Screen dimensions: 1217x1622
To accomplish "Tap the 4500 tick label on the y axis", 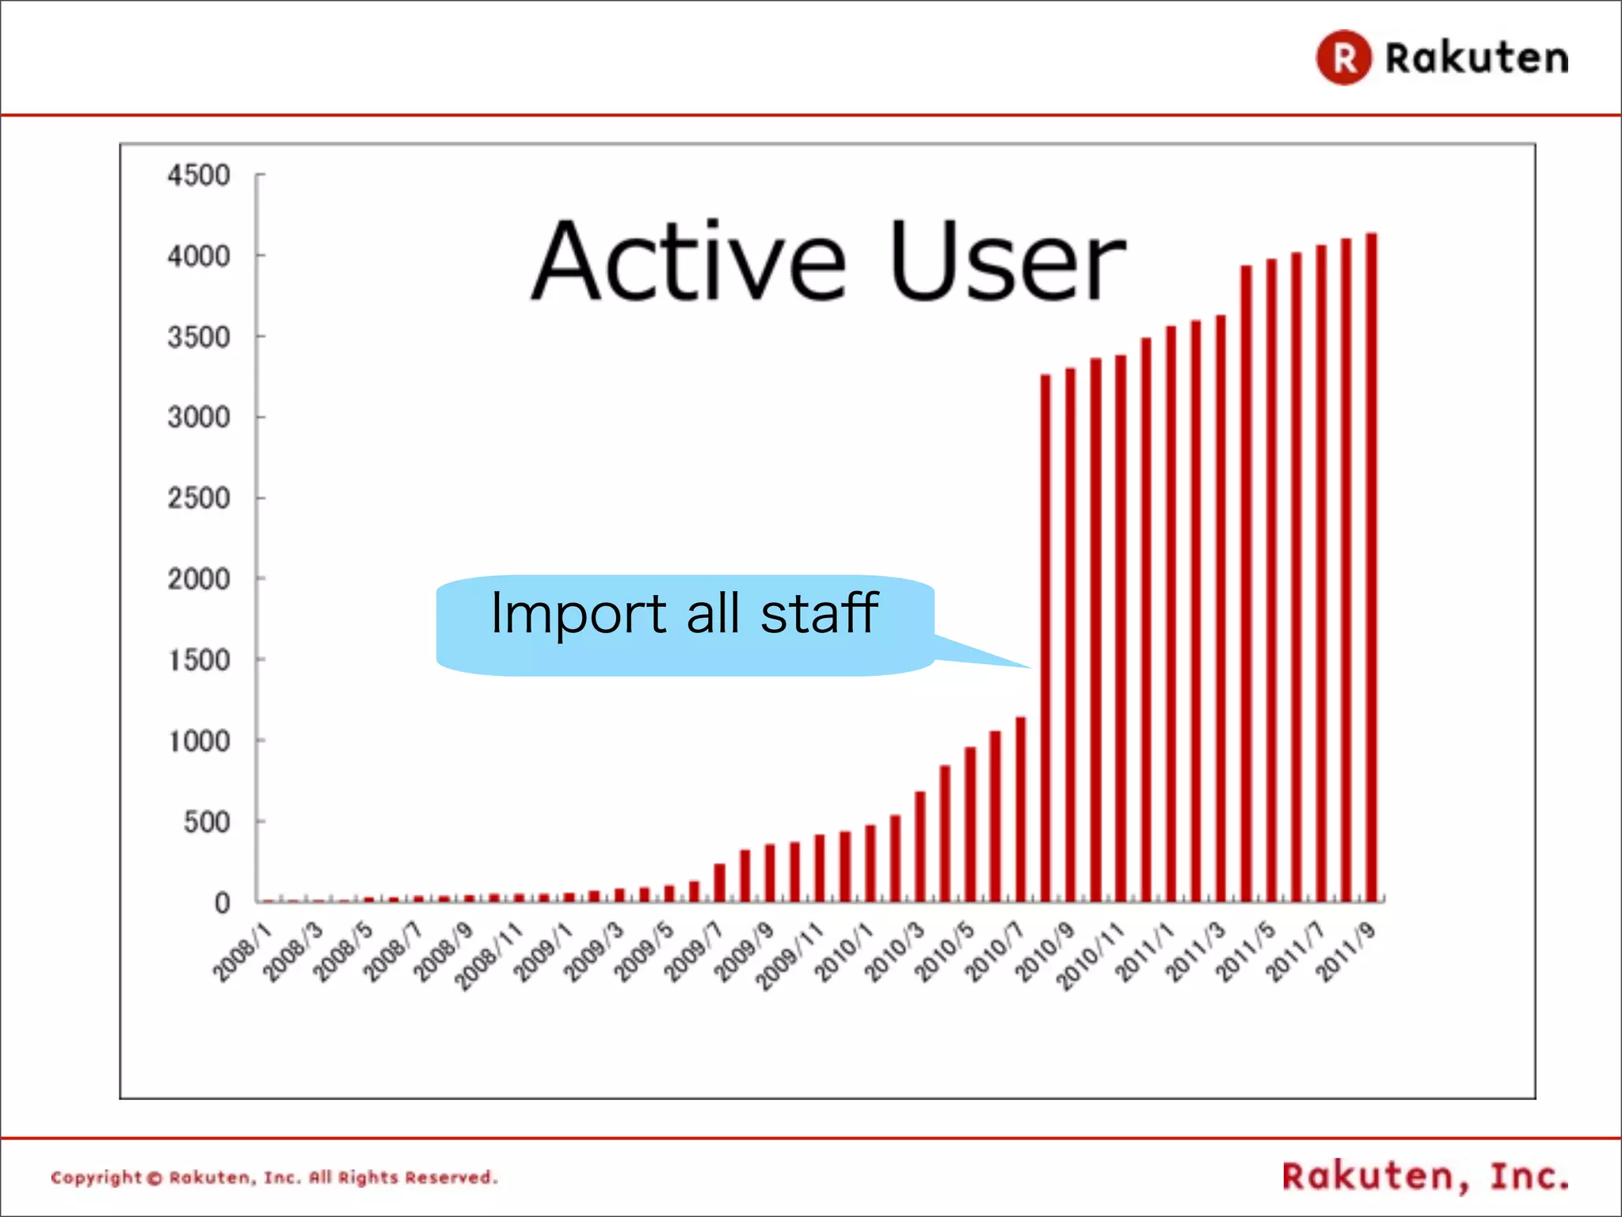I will pyautogui.click(x=199, y=175).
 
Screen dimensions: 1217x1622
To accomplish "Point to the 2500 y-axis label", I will pyautogui.click(x=199, y=498).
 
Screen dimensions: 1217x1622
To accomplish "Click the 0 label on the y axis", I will pyautogui.click(x=223, y=903).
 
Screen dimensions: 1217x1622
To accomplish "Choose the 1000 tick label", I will pyautogui.click(x=199, y=742).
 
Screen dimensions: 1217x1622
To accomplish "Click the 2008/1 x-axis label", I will pyautogui.click(x=242, y=952).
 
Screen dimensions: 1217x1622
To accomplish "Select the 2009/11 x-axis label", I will pyautogui.click(x=789, y=956).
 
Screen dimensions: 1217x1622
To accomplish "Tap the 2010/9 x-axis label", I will pyautogui.click(x=1045, y=952).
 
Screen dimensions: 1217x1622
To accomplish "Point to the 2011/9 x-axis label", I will pyautogui.click(x=1346, y=952).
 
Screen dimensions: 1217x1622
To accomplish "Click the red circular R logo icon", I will pyautogui.click(x=1343, y=58).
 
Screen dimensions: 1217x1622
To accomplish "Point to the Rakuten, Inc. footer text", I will pyautogui.click(x=1425, y=1177).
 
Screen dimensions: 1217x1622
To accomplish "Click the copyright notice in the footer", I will pyautogui.click(x=274, y=1177).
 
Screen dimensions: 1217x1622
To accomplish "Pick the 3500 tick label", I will pyautogui.click(x=199, y=338).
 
